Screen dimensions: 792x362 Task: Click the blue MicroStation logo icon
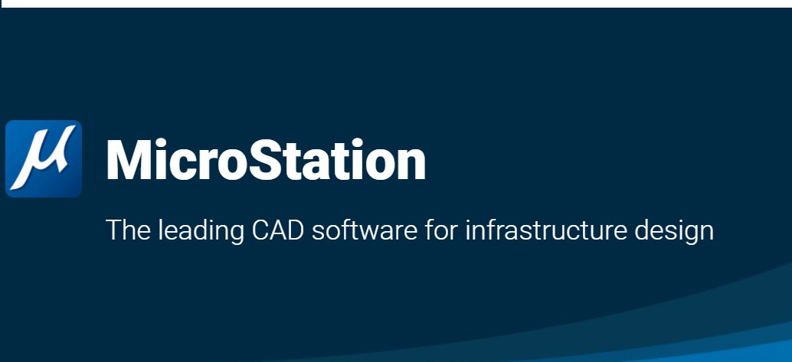tap(44, 158)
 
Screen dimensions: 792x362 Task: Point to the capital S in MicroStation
tap(264, 159)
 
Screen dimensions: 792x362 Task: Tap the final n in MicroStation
tap(411, 165)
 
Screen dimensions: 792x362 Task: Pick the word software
tap(365, 230)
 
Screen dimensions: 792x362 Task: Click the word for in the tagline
tap(441, 230)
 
